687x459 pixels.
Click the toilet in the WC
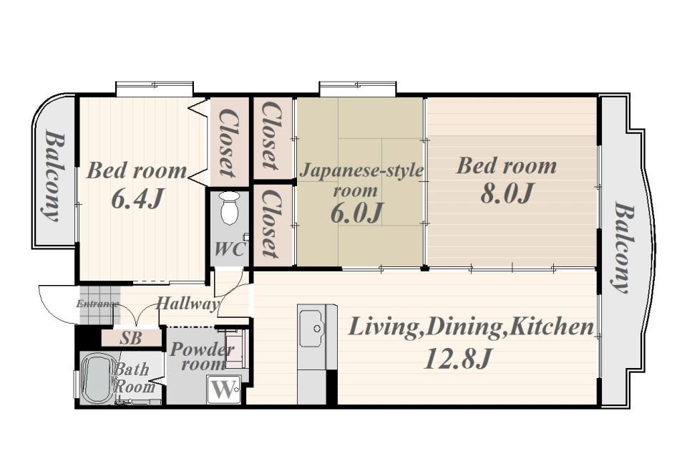[x=230, y=208]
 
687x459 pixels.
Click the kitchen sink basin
[x=313, y=328]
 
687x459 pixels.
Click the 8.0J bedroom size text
[x=507, y=193]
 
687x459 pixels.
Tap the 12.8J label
[x=457, y=359]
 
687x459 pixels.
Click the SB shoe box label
[x=130, y=338]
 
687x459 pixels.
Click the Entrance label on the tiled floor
[x=98, y=304]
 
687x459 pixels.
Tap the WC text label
[x=229, y=250]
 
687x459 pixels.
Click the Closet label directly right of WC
[x=271, y=223]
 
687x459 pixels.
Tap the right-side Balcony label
[x=623, y=247]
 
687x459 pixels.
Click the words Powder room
[x=202, y=357]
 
